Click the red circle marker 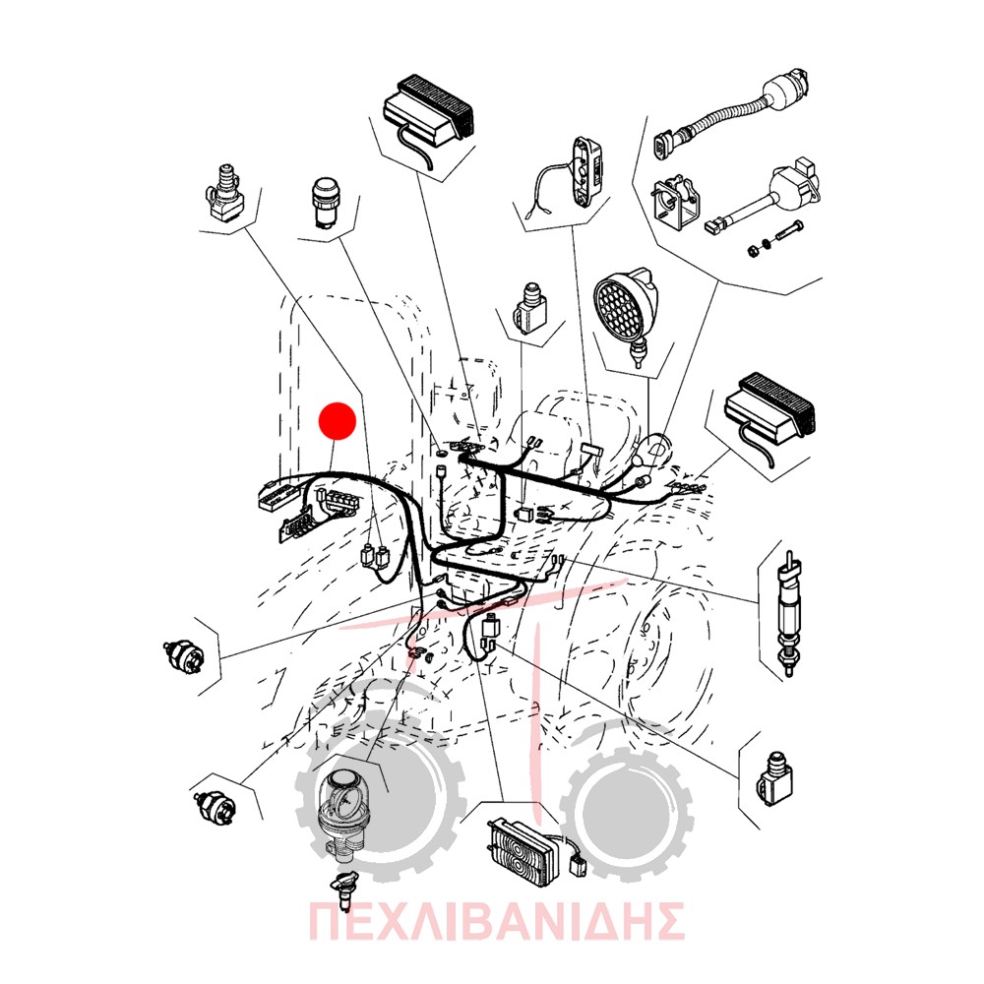(338, 421)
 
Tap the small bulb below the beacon (343, 890)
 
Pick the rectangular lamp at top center (428, 112)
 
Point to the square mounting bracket (677, 200)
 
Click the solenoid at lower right (774, 778)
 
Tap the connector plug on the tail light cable (577, 867)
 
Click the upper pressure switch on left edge (183, 655)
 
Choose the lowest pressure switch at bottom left (214, 804)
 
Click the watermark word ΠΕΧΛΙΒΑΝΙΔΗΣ (496, 921)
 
